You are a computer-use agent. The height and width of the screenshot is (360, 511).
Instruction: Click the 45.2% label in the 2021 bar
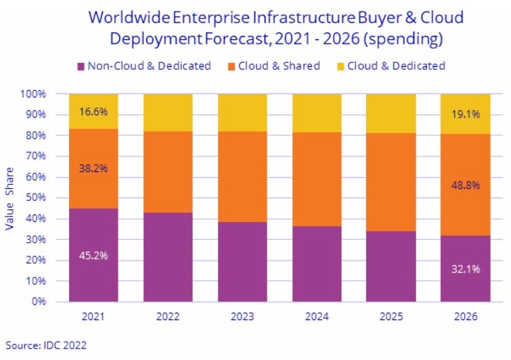point(94,256)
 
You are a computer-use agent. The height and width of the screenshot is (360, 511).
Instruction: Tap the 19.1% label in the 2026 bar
point(465,114)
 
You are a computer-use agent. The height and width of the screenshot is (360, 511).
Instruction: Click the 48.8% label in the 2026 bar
point(465,184)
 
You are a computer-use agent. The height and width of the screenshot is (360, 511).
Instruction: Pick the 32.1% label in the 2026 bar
point(465,269)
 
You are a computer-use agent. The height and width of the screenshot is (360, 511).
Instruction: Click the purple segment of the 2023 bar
point(242,261)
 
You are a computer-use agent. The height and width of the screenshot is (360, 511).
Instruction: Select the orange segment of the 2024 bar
point(317,179)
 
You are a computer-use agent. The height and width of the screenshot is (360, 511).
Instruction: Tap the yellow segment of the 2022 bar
point(168,112)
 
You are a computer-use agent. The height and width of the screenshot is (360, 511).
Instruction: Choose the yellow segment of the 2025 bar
point(391,113)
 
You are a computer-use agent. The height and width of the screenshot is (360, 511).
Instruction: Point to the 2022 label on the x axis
point(168,316)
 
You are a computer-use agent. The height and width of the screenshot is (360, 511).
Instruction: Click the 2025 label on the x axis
point(391,316)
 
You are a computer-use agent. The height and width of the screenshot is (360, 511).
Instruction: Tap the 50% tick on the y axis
point(35,198)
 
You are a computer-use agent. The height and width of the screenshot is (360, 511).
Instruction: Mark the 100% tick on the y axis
point(32,94)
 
